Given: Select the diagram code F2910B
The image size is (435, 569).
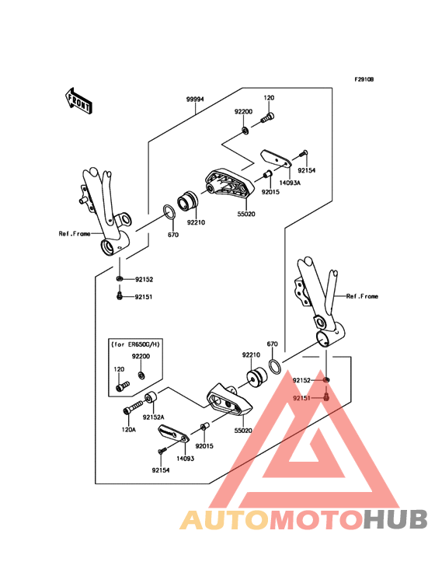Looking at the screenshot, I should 364,79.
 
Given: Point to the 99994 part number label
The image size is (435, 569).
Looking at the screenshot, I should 195,99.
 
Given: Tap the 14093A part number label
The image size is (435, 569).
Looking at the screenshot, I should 290,183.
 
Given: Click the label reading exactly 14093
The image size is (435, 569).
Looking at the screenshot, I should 184,459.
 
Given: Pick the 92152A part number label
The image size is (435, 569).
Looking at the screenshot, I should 154,416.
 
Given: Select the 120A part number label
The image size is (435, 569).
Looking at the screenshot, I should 128,428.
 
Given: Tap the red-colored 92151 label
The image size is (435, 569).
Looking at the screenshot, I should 303,397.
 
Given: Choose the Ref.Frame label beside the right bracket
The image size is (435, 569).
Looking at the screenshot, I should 362,296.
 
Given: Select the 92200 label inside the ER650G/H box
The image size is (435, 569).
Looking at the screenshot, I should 140,355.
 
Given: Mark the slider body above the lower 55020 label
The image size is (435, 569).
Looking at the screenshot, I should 226,397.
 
